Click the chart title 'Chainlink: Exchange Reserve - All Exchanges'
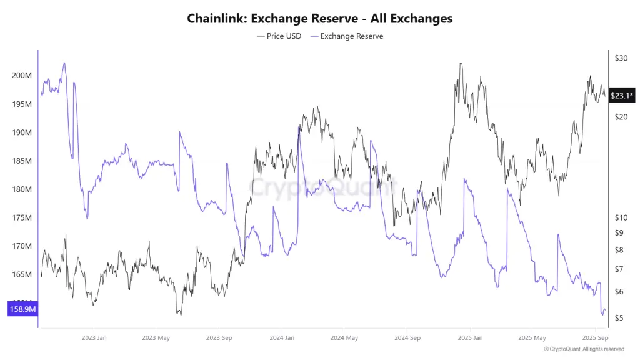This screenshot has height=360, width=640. pyautogui.click(x=319, y=18)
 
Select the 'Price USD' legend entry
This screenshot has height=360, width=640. pyautogui.click(x=279, y=36)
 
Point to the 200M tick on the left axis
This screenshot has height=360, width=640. pyautogui.click(x=22, y=76)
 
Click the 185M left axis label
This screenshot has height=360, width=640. pyautogui.click(x=22, y=161)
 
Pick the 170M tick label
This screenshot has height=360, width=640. pyautogui.click(x=22, y=246)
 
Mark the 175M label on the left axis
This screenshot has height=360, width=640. pyautogui.click(x=22, y=218)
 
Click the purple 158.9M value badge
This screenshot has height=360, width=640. pyautogui.click(x=22, y=309)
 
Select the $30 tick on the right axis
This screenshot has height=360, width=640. pyautogui.click(x=621, y=58)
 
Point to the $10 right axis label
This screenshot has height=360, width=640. pyautogui.click(x=621, y=217)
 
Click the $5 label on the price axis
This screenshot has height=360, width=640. pyautogui.click(x=619, y=318)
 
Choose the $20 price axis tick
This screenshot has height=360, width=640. pyautogui.click(x=621, y=117)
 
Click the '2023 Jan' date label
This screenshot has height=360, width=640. pyautogui.click(x=94, y=338)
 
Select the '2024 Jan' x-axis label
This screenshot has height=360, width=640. pyautogui.click(x=282, y=338)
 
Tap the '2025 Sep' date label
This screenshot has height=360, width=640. pyautogui.click(x=595, y=338)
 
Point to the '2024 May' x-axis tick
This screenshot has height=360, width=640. pyautogui.click(x=344, y=338)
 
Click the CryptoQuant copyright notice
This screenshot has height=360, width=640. pyautogui.click(x=584, y=349)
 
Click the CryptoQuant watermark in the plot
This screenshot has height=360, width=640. pyautogui.click(x=323, y=186)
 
